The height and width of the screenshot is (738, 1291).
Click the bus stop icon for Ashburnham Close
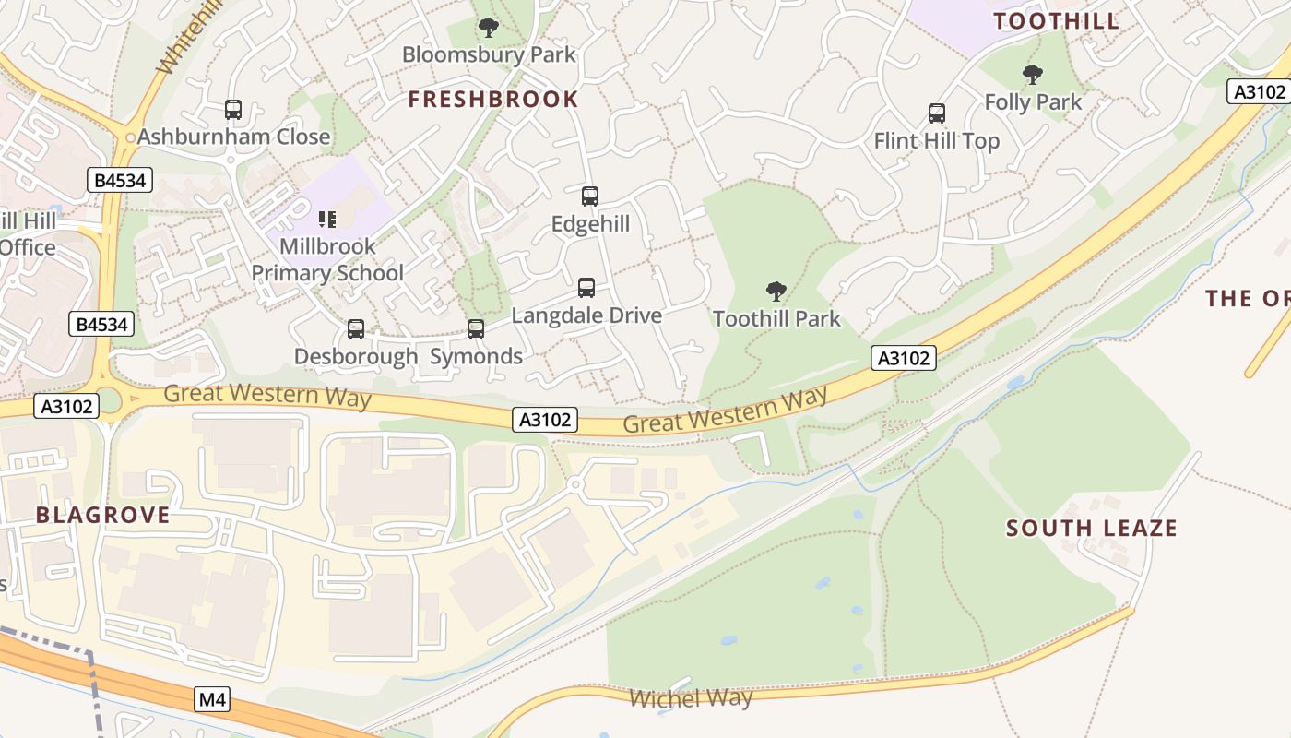(x=233, y=110)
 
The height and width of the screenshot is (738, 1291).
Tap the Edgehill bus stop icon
(x=590, y=196)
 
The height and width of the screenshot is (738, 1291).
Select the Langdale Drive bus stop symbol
(x=586, y=288)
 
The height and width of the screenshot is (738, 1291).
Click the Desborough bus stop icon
(x=356, y=329)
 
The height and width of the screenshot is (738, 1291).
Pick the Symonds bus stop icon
(x=476, y=329)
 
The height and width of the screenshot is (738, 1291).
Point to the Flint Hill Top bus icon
(x=937, y=113)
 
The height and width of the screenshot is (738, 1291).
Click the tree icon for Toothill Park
(x=776, y=292)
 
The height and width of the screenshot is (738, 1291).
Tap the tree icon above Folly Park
(x=1033, y=75)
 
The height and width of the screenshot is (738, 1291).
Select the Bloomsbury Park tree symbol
(x=489, y=28)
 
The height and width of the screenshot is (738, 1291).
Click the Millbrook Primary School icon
(x=326, y=220)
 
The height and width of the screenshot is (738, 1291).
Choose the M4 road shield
(x=212, y=700)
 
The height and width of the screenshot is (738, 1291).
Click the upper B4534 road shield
(x=121, y=180)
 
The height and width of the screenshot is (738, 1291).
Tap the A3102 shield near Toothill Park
(x=904, y=358)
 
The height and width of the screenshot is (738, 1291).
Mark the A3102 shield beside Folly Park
(x=1259, y=91)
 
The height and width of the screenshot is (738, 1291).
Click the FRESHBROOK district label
(x=493, y=100)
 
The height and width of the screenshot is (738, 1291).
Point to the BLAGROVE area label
(x=103, y=515)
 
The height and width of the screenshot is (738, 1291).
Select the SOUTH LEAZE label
(x=1092, y=529)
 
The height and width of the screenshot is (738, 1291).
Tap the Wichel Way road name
(x=691, y=698)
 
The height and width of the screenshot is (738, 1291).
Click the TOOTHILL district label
(x=1056, y=21)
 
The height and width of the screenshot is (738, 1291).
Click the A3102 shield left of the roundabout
(x=67, y=406)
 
